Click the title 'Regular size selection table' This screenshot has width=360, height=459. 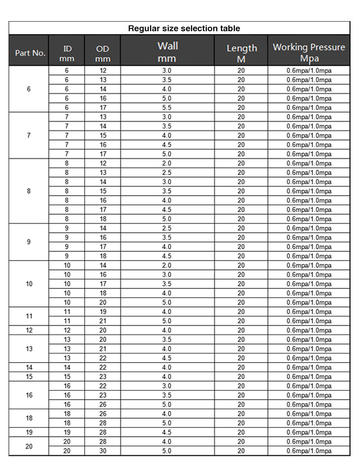(x=184, y=28)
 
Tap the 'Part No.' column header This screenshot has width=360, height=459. (x=30, y=53)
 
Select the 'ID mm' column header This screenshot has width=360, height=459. (x=67, y=53)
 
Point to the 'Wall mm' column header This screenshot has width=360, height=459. (x=167, y=52)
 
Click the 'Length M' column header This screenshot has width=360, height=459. (x=242, y=52)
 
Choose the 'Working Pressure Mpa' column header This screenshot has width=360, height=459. (x=309, y=52)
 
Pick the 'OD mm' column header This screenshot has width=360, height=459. (x=103, y=53)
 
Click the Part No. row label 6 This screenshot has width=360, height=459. (x=29, y=89)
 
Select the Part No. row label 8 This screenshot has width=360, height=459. (x=29, y=191)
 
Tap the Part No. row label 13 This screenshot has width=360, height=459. (x=29, y=349)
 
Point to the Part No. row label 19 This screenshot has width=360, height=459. (x=29, y=432)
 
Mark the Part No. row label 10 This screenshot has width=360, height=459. (x=29, y=284)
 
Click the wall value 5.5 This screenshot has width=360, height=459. (x=167, y=108)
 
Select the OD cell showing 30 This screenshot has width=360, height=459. (x=103, y=451)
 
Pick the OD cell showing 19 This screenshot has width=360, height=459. (x=103, y=312)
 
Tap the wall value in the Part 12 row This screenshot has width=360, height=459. (x=167, y=330)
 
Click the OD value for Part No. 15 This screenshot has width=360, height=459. (x=103, y=377)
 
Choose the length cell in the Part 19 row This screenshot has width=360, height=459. (x=241, y=432)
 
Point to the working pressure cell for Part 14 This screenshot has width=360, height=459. (x=309, y=368)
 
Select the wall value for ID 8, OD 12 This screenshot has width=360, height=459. (x=167, y=163)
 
